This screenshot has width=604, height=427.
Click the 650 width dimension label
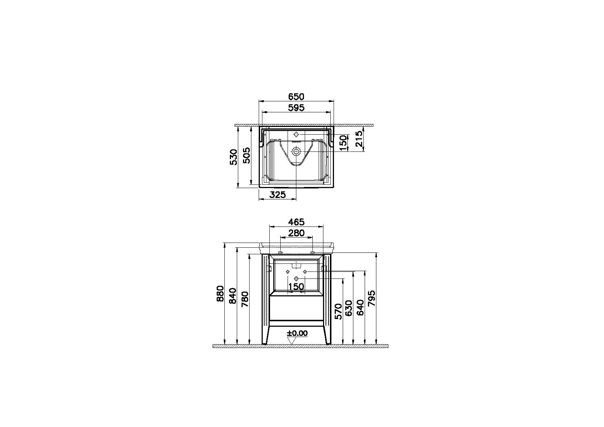296,97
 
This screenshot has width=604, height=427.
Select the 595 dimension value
296,108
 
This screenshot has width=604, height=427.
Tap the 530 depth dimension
233,157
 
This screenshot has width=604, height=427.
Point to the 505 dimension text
246,155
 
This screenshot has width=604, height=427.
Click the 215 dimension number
359,139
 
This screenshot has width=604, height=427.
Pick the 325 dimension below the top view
277,194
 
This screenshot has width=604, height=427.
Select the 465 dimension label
296,222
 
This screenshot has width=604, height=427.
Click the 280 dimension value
296,233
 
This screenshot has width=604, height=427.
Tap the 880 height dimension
220,293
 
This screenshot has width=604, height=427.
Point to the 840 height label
233,296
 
